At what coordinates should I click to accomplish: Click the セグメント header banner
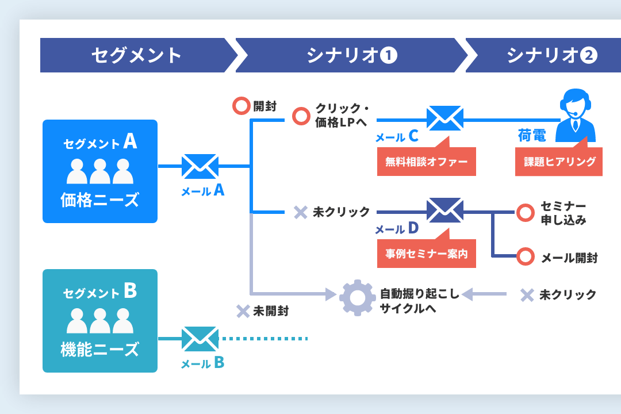136,55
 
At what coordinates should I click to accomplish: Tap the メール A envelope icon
200,166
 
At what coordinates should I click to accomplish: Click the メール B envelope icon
200,339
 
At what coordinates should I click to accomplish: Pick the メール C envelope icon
444,119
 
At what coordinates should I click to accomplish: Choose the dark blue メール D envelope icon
444,210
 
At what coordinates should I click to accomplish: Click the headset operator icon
577,115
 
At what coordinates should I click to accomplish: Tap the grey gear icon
357,297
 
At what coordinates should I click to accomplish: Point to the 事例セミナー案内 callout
426,254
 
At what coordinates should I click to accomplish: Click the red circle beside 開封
240,106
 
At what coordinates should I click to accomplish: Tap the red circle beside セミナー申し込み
525,212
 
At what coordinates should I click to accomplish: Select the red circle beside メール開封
525,256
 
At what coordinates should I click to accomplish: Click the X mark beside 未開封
243,312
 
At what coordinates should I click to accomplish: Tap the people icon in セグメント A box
100,170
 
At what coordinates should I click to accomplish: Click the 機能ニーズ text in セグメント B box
100,349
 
